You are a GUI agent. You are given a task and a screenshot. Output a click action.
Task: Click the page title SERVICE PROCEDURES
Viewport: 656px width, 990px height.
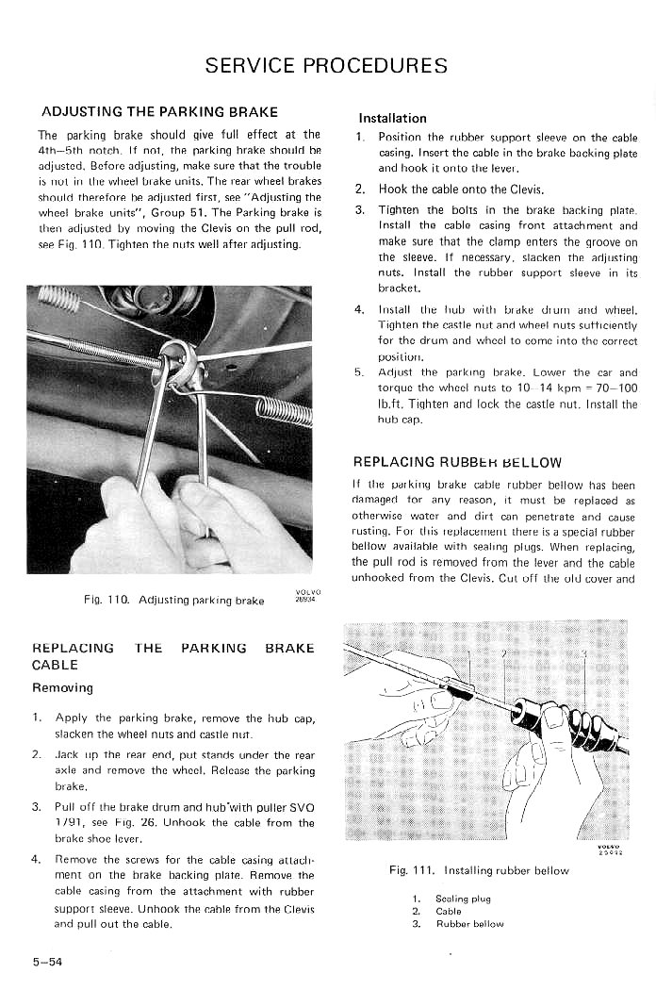[x=326, y=66]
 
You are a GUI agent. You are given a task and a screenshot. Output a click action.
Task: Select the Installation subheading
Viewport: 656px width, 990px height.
[x=392, y=119]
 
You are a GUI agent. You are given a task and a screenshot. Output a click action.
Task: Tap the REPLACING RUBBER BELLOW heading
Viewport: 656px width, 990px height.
[x=457, y=462]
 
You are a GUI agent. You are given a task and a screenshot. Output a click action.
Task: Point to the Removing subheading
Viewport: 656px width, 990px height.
[x=62, y=687]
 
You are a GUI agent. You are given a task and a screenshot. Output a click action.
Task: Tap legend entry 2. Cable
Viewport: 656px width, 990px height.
[x=438, y=912]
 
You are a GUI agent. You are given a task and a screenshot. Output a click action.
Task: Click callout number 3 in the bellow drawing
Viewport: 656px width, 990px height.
[x=584, y=654]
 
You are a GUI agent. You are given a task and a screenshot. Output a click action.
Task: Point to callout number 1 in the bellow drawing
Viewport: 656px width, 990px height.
[x=468, y=654]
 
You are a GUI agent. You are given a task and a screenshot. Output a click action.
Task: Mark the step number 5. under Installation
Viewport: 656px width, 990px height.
[x=359, y=372]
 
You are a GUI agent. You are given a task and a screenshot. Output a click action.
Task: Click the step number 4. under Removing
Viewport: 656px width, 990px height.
[x=36, y=859]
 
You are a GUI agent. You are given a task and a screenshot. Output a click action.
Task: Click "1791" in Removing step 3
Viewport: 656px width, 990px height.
[x=70, y=822]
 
